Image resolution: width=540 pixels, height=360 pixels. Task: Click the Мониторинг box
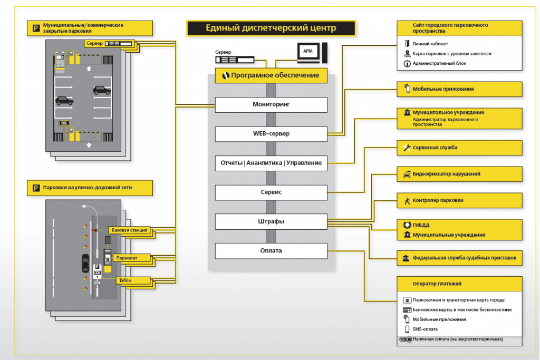coord(271,104)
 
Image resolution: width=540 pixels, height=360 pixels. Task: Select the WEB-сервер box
coord(271,133)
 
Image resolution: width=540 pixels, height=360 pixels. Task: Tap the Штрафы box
coord(271,221)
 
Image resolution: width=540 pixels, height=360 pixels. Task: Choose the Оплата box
coord(271,250)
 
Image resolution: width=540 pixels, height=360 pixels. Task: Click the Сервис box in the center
coord(271,192)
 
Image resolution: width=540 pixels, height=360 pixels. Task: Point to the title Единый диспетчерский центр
coord(271,28)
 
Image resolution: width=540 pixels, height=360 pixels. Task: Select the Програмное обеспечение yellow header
coord(271,75)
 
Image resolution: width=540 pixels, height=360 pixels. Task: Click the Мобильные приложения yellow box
coord(460,89)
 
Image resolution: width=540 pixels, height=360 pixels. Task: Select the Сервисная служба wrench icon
coord(406,148)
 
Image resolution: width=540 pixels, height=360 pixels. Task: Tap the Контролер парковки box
coord(460,200)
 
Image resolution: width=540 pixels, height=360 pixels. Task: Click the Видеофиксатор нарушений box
coord(460,174)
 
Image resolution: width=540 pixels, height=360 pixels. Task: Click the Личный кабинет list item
coord(430,44)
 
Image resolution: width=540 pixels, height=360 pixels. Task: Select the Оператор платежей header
coord(460,284)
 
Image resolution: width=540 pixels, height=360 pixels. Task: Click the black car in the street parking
coord(85,262)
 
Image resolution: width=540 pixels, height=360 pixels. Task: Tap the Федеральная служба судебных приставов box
coord(460,259)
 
